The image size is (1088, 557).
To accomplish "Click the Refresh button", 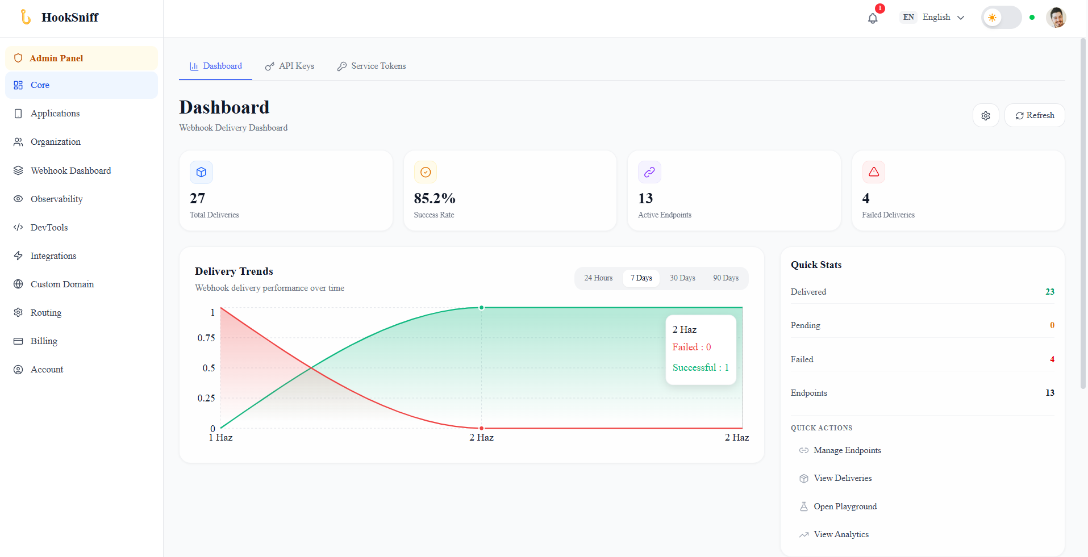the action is coord(1034,115).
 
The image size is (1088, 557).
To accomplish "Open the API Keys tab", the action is coord(289,66).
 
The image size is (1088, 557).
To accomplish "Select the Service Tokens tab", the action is coord(371,66).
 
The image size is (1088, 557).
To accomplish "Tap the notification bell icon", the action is coord(873,18).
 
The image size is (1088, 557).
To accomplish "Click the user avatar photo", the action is coord(1056,18).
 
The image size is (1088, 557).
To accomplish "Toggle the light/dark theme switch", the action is coord(1001,18).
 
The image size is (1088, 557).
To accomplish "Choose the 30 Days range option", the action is coord(682,278).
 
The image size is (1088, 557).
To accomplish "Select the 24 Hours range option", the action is coord(598,278).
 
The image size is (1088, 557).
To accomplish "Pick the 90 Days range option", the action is coord(726,278).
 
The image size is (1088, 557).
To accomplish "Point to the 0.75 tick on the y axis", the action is coord(206,338).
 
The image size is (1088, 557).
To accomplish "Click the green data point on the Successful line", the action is coord(481,308).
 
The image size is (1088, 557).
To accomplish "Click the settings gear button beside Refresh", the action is coord(986,115).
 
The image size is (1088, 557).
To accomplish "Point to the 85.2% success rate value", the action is coord(435,198).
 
